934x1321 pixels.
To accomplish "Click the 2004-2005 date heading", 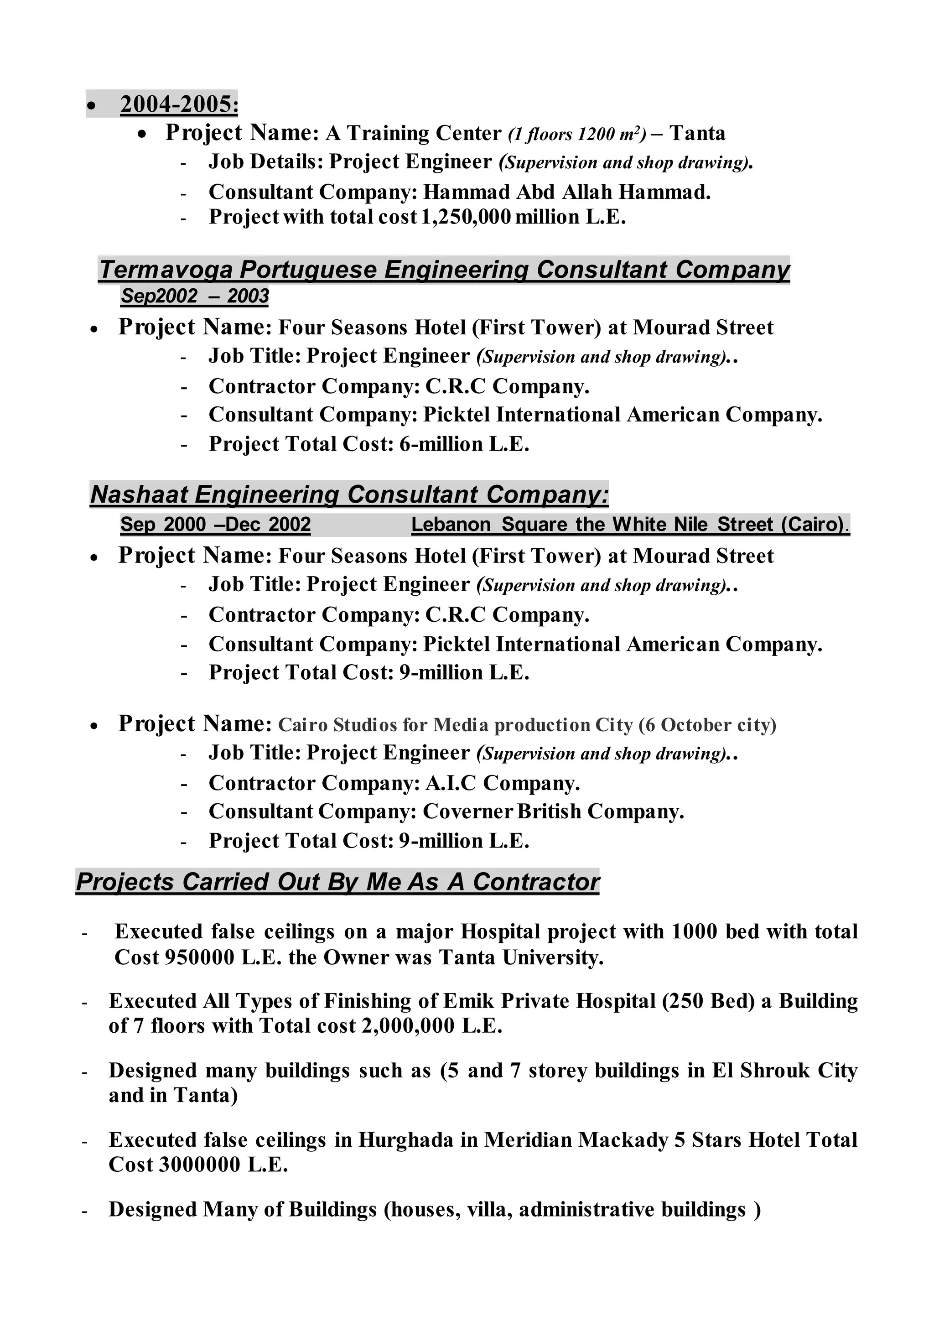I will [178, 104].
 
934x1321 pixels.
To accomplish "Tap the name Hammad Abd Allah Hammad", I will [566, 192].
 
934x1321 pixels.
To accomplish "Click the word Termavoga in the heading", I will [166, 269].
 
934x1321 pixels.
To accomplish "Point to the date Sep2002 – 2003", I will [194, 296].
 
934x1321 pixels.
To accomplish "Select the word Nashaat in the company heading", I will [139, 494].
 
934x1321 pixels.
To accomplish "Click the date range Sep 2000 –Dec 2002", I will [215, 524].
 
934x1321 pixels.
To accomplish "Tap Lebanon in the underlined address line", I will [451, 524].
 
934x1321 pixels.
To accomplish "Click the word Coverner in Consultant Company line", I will [467, 811].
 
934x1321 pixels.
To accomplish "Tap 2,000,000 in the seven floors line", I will [408, 1026].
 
